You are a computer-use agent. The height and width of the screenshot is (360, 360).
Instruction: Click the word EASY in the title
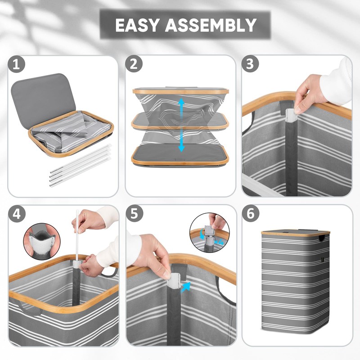click(137, 25)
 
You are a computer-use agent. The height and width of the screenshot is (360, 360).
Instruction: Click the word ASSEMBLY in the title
click(211, 25)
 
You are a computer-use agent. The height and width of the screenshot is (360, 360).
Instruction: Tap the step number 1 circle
click(16, 65)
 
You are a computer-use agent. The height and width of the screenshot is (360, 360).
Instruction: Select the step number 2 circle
click(134, 64)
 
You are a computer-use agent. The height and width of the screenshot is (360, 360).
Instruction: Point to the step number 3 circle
click(250, 64)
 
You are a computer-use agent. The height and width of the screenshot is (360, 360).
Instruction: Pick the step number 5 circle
click(134, 213)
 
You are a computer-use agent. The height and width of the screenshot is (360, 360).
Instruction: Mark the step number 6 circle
click(251, 213)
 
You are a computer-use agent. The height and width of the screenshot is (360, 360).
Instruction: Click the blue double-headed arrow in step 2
click(181, 125)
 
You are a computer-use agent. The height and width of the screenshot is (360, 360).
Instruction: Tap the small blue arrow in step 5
click(186, 287)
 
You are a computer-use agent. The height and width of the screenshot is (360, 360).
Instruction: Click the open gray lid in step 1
click(44, 99)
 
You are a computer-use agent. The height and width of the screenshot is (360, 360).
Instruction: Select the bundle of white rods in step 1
click(81, 165)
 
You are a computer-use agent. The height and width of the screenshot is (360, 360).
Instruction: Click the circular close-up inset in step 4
click(41, 242)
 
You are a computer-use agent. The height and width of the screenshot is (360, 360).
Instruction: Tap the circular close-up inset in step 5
click(209, 232)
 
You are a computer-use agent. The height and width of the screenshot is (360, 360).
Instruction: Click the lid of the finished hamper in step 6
click(296, 232)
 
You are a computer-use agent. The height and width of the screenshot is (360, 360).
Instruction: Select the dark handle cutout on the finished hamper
click(322, 238)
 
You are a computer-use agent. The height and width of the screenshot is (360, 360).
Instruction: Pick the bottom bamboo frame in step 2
click(180, 155)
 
